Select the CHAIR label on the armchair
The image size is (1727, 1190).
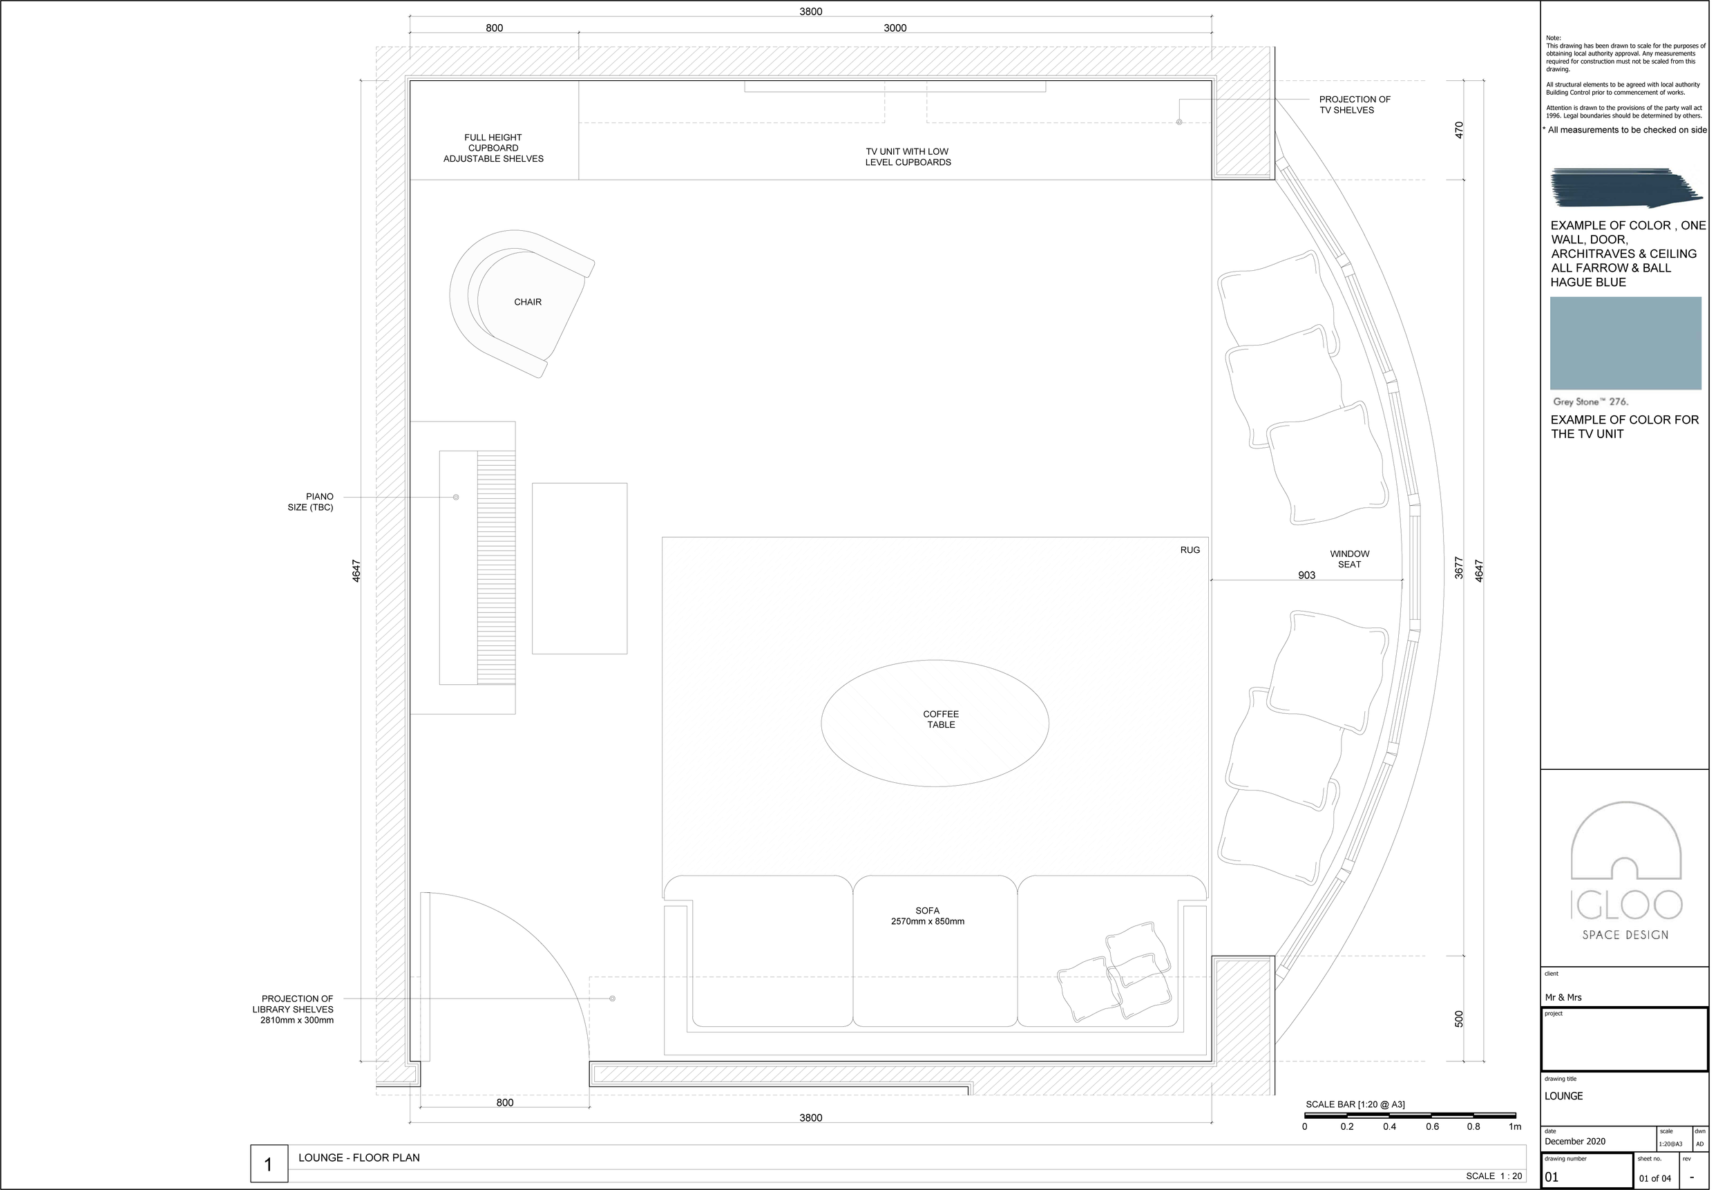point(528,302)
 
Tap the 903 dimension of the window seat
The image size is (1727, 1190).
point(1306,576)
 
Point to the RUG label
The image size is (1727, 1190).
point(1190,550)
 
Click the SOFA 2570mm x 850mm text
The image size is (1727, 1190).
point(927,916)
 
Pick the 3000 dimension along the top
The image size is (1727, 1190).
point(895,28)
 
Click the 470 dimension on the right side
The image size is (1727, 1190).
point(1459,130)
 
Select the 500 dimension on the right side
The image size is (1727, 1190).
point(1459,1019)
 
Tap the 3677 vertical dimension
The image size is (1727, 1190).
point(1459,568)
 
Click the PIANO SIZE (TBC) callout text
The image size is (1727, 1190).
point(311,502)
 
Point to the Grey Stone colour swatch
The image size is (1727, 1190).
point(1625,343)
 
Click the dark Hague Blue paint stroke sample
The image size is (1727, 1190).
point(1625,188)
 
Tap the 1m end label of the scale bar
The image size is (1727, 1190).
point(1514,1126)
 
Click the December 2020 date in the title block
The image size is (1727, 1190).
point(1575,1142)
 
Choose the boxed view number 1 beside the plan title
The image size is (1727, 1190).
point(268,1164)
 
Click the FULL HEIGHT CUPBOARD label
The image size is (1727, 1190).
point(493,148)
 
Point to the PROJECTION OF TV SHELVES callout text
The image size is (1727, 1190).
point(1355,104)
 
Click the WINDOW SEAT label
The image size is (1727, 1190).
point(1349,559)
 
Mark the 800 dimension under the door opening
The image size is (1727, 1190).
point(504,1103)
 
